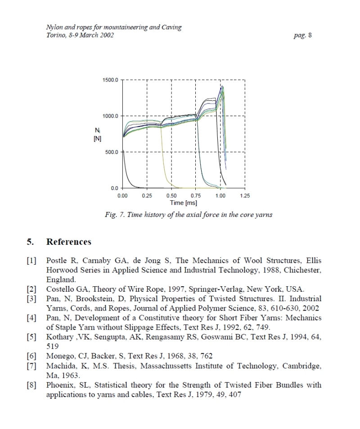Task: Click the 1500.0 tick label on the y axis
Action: (110, 80)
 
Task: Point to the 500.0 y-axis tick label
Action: (112, 152)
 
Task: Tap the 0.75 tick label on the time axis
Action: (196, 196)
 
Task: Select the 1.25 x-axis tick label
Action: (245, 196)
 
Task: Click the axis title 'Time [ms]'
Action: (183, 203)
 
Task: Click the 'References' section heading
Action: (69, 242)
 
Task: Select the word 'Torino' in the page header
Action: (56, 35)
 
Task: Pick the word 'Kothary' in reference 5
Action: (59, 337)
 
